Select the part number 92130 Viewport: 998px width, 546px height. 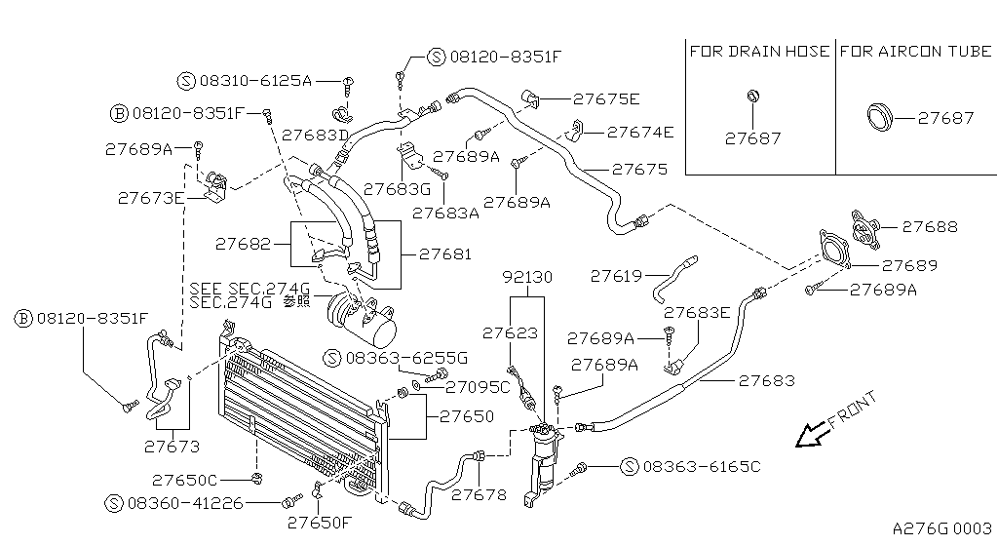click(527, 277)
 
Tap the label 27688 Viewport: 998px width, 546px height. click(930, 226)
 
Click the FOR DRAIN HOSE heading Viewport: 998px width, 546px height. click(759, 51)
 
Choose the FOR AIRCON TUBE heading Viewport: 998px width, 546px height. click(915, 51)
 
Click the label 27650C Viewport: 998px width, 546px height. click(185, 480)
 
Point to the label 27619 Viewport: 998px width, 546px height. click(617, 276)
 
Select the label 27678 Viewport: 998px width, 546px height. click(480, 494)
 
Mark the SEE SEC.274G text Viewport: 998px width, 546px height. click(249, 288)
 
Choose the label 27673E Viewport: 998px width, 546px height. click(151, 197)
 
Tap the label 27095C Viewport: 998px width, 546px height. click(478, 387)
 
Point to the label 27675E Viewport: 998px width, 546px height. click(606, 98)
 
